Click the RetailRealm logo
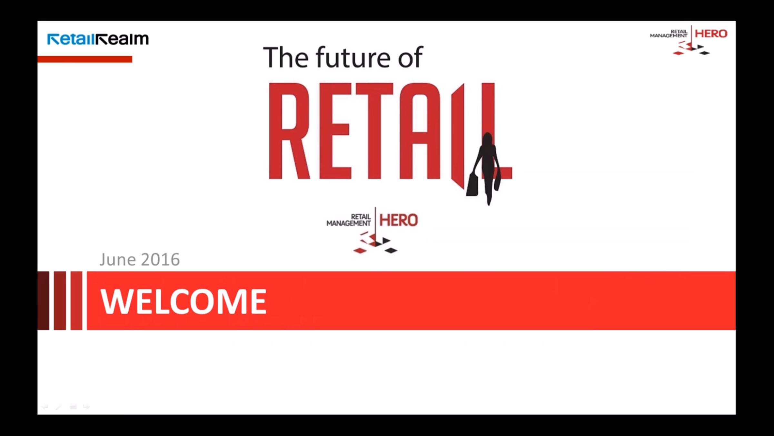(98, 39)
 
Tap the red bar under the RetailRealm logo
(85, 59)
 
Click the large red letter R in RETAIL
(289, 131)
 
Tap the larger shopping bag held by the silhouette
(472, 184)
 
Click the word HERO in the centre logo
(399, 220)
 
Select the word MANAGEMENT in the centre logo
(349, 223)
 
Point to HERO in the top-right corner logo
(711, 34)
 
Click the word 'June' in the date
(118, 260)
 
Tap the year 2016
(160, 260)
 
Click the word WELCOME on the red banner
(184, 301)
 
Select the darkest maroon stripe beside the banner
(43, 301)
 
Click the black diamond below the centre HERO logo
(391, 250)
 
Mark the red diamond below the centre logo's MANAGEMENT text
(360, 250)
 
